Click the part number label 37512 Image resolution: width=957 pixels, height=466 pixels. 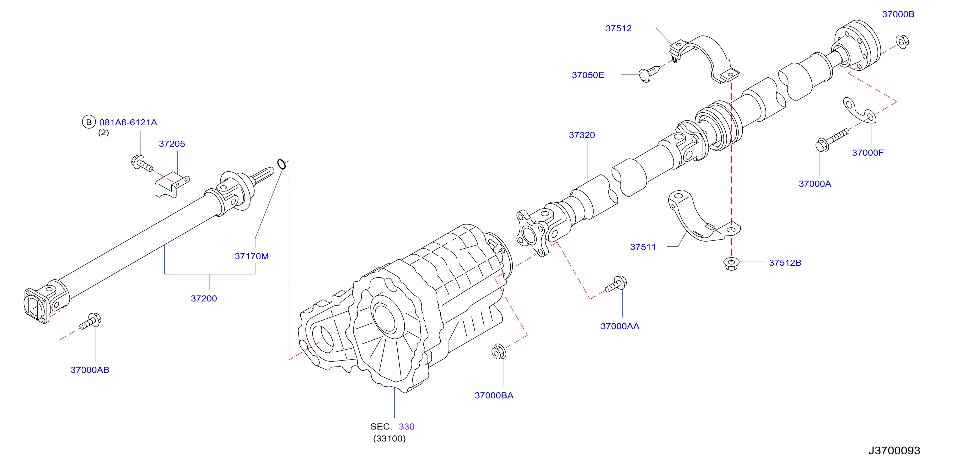coord(618,28)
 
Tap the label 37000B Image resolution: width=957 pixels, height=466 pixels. coord(898,14)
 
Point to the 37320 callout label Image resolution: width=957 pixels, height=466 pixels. coord(582,135)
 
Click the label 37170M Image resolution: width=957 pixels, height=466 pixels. coord(251,256)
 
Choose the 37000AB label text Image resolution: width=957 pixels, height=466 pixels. coord(90,370)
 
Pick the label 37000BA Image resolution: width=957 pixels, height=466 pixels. coord(494,395)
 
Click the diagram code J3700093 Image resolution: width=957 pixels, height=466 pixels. coord(894,450)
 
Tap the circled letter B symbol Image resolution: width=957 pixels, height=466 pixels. coord(89,122)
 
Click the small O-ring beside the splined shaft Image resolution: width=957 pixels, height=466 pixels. coord(282,164)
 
